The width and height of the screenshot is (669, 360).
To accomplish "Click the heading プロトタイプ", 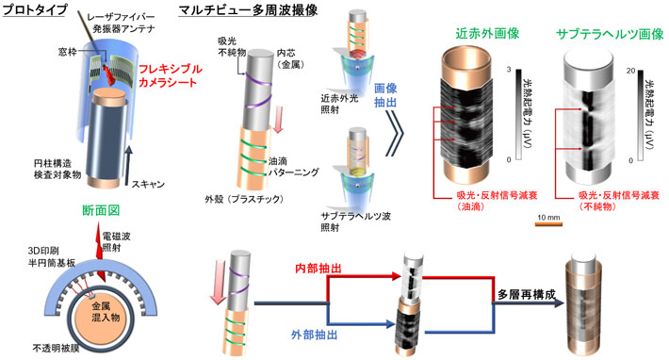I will (x=34, y=10).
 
